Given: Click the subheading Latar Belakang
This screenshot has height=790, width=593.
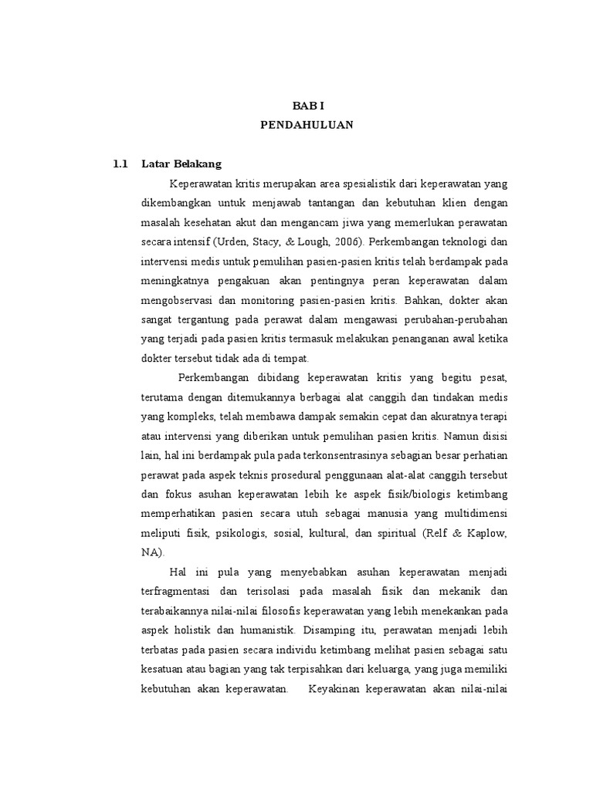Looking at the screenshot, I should (181, 164).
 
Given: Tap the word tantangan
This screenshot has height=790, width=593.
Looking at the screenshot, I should (327, 202).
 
